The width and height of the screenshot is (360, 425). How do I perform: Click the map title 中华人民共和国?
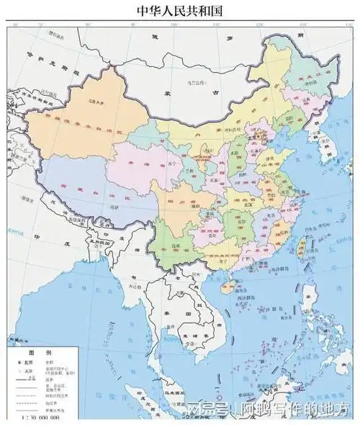point(180,11)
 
